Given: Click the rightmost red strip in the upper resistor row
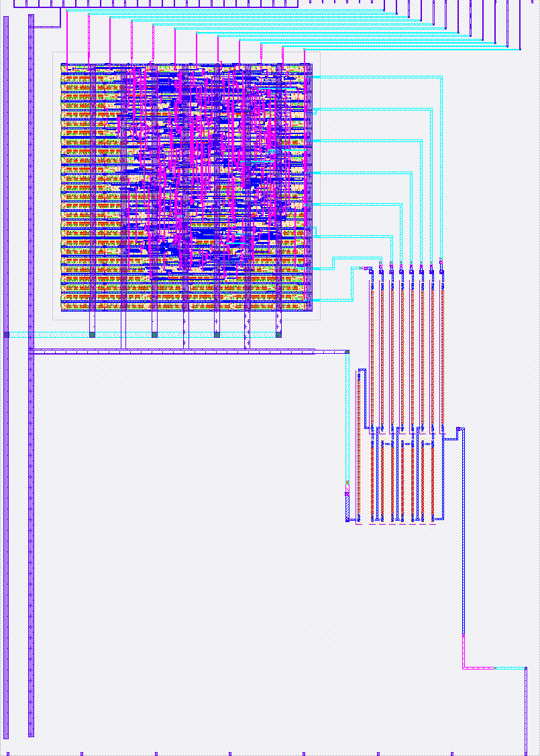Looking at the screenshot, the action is coord(441,349).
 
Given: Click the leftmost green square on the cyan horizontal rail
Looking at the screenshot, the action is coord(7,334).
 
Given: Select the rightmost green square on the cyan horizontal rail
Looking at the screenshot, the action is coord(278,334).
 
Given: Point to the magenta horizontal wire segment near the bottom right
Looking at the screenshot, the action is coord(478,668).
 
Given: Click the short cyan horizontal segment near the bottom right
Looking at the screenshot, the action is coord(510,668).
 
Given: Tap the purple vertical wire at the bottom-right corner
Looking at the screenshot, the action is coord(525,710).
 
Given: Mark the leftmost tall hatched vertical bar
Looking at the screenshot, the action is coord(7,375).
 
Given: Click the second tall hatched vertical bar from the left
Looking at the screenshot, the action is coord(31,375).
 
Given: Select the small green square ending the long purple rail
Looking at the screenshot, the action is coord(347,351).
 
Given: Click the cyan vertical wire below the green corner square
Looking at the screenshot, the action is coord(347,416).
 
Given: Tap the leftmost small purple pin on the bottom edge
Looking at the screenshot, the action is coord(82,753).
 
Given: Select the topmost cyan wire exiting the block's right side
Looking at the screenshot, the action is coord(376,78).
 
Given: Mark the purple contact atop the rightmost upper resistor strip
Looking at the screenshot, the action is coord(441,271).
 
